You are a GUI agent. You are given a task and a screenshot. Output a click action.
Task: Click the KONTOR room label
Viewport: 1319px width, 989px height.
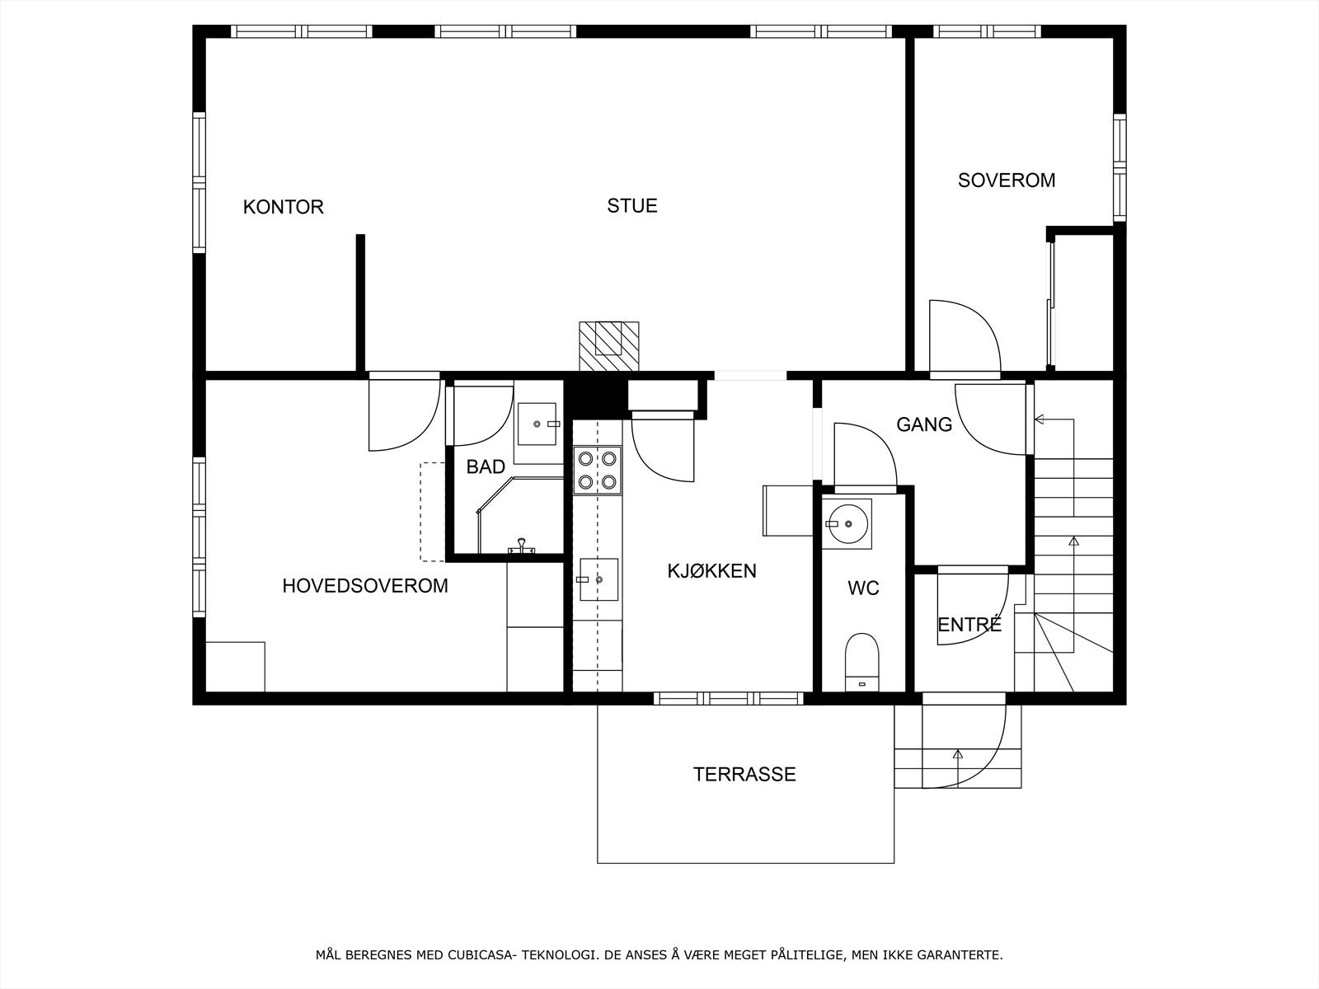[x=283, y=207]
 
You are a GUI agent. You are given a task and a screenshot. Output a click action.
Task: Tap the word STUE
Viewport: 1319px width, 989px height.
[x=631, y=206]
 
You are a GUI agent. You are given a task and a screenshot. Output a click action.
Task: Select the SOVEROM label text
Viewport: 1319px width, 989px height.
[x=1007, y=180]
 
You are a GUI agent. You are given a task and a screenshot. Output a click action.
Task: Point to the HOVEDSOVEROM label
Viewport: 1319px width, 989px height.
[x=365, y=585]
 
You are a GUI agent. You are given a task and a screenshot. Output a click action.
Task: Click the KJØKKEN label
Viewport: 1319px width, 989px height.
[x=711, y=570]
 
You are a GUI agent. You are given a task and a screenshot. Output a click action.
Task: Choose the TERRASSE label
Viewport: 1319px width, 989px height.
[x=744, y=774]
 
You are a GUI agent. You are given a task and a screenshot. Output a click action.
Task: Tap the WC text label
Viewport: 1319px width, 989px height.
[x=863, y=588]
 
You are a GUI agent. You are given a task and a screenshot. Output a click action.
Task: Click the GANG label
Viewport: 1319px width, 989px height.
[x=924, y=424]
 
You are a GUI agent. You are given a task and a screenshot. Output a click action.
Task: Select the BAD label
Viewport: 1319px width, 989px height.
[x=486, y=466]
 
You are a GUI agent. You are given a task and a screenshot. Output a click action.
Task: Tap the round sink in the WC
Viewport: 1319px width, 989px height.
[x=847, y=523]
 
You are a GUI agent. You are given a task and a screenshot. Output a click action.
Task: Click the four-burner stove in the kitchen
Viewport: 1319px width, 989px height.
[x=598, y=470]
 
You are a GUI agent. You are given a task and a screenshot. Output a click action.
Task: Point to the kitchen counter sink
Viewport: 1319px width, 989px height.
[x=598, y=579]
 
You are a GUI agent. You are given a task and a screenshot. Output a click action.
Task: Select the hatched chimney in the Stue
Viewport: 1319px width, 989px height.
[x=608, y=346]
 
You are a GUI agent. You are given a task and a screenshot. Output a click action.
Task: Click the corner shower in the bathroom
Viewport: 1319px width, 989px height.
[x=520, y=515]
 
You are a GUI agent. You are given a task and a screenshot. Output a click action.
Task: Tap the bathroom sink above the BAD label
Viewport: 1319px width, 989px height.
[x=537, y=424]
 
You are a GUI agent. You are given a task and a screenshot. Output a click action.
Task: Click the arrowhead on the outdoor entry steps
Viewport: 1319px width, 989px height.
[x=958, y=754]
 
